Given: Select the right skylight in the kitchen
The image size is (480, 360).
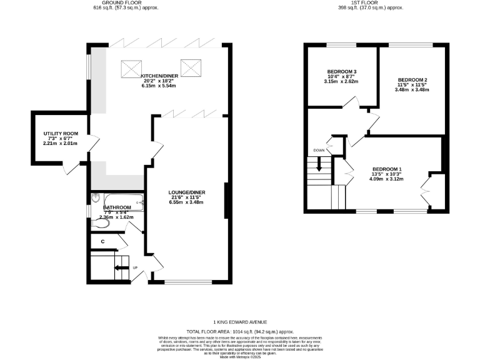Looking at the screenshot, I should [189, 66].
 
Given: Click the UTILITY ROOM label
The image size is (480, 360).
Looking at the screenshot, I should [61, 134].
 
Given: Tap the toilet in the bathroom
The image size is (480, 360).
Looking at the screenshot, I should [99, 222].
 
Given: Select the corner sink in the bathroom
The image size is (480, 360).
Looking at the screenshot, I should [95, 198].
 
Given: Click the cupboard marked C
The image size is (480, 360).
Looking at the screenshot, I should [102, 241].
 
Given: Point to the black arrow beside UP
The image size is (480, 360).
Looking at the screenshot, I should [121, 268].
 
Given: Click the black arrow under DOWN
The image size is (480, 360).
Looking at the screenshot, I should [319, 165].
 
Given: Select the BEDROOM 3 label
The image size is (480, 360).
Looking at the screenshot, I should [341, 71].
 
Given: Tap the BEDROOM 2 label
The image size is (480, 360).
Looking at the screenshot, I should [412, 80].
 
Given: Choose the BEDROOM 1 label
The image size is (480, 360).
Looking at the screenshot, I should [387, 169].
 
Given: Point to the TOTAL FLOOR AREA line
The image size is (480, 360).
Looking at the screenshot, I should [240, 331].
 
